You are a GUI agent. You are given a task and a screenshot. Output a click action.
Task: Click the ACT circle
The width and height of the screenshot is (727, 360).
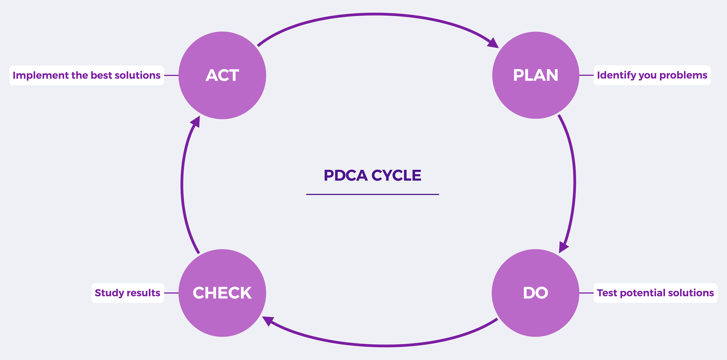tap(222, 75)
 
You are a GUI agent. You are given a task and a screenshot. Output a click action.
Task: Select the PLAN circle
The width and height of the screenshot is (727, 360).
tap(536, 75)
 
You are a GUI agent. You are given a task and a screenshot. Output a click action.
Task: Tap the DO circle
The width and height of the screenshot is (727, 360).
tap(536, 293)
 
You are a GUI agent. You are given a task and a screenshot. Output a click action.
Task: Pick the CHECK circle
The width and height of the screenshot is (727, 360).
tap(222, 293)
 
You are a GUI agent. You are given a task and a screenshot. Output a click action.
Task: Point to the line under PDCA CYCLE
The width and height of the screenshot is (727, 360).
tap(373, 194)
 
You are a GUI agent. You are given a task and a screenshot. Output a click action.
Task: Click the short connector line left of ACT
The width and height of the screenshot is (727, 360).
tap(171, 75)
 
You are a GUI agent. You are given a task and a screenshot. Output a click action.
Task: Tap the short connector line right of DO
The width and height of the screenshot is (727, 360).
tap(586, 293)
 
